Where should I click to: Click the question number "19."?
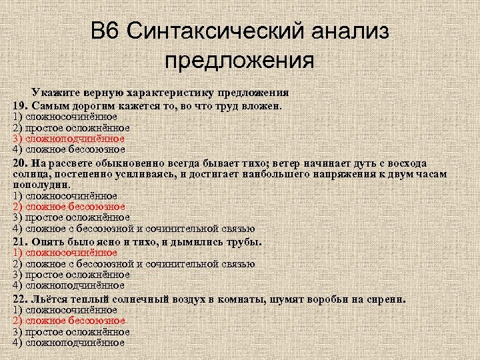coord(20,105)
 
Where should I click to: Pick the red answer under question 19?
coord(69,139)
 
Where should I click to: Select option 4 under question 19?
coord(69,149)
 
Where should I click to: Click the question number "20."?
coord(21,163)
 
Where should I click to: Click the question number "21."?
coord(20,241)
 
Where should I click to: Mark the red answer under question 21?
coord(65,253)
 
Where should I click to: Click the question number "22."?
coord(21,299)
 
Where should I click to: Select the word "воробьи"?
coord(327,299)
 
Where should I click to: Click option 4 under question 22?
coord(69,342)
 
